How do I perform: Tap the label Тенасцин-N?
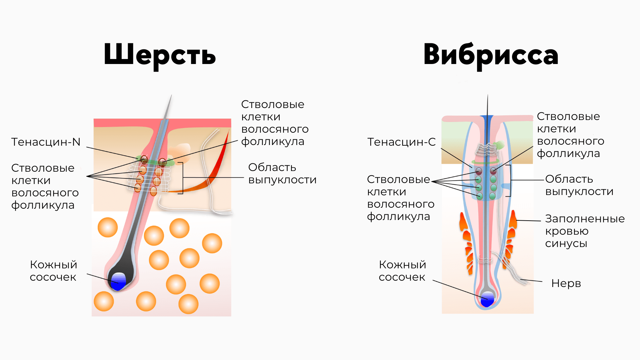(46, 142)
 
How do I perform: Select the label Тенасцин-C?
(401, 142)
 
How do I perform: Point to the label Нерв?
(566, 283)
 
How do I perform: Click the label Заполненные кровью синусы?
(585, 231)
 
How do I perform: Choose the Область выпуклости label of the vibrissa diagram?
(579, 185)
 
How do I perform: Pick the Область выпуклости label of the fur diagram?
(282, 173)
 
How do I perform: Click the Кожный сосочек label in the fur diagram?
(53, 271)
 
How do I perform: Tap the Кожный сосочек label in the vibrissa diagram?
(402, 271)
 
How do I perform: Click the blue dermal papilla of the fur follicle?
(118, 281)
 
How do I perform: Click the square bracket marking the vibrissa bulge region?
(509, 180)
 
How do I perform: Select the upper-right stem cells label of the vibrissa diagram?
(570, 135)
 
